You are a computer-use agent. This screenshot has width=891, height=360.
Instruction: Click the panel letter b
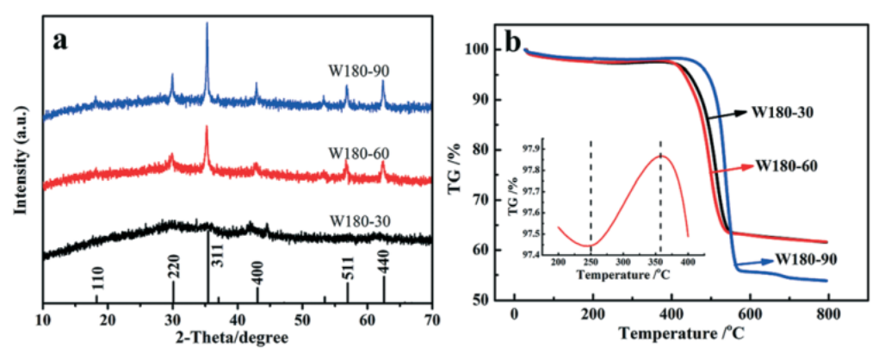coord(535,40)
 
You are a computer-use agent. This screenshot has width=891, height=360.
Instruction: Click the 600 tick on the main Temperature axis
coord(749,318)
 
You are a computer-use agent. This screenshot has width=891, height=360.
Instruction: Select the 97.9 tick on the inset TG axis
coord(535,148)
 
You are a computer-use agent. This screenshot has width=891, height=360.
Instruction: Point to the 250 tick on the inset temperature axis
coord(591,261)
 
